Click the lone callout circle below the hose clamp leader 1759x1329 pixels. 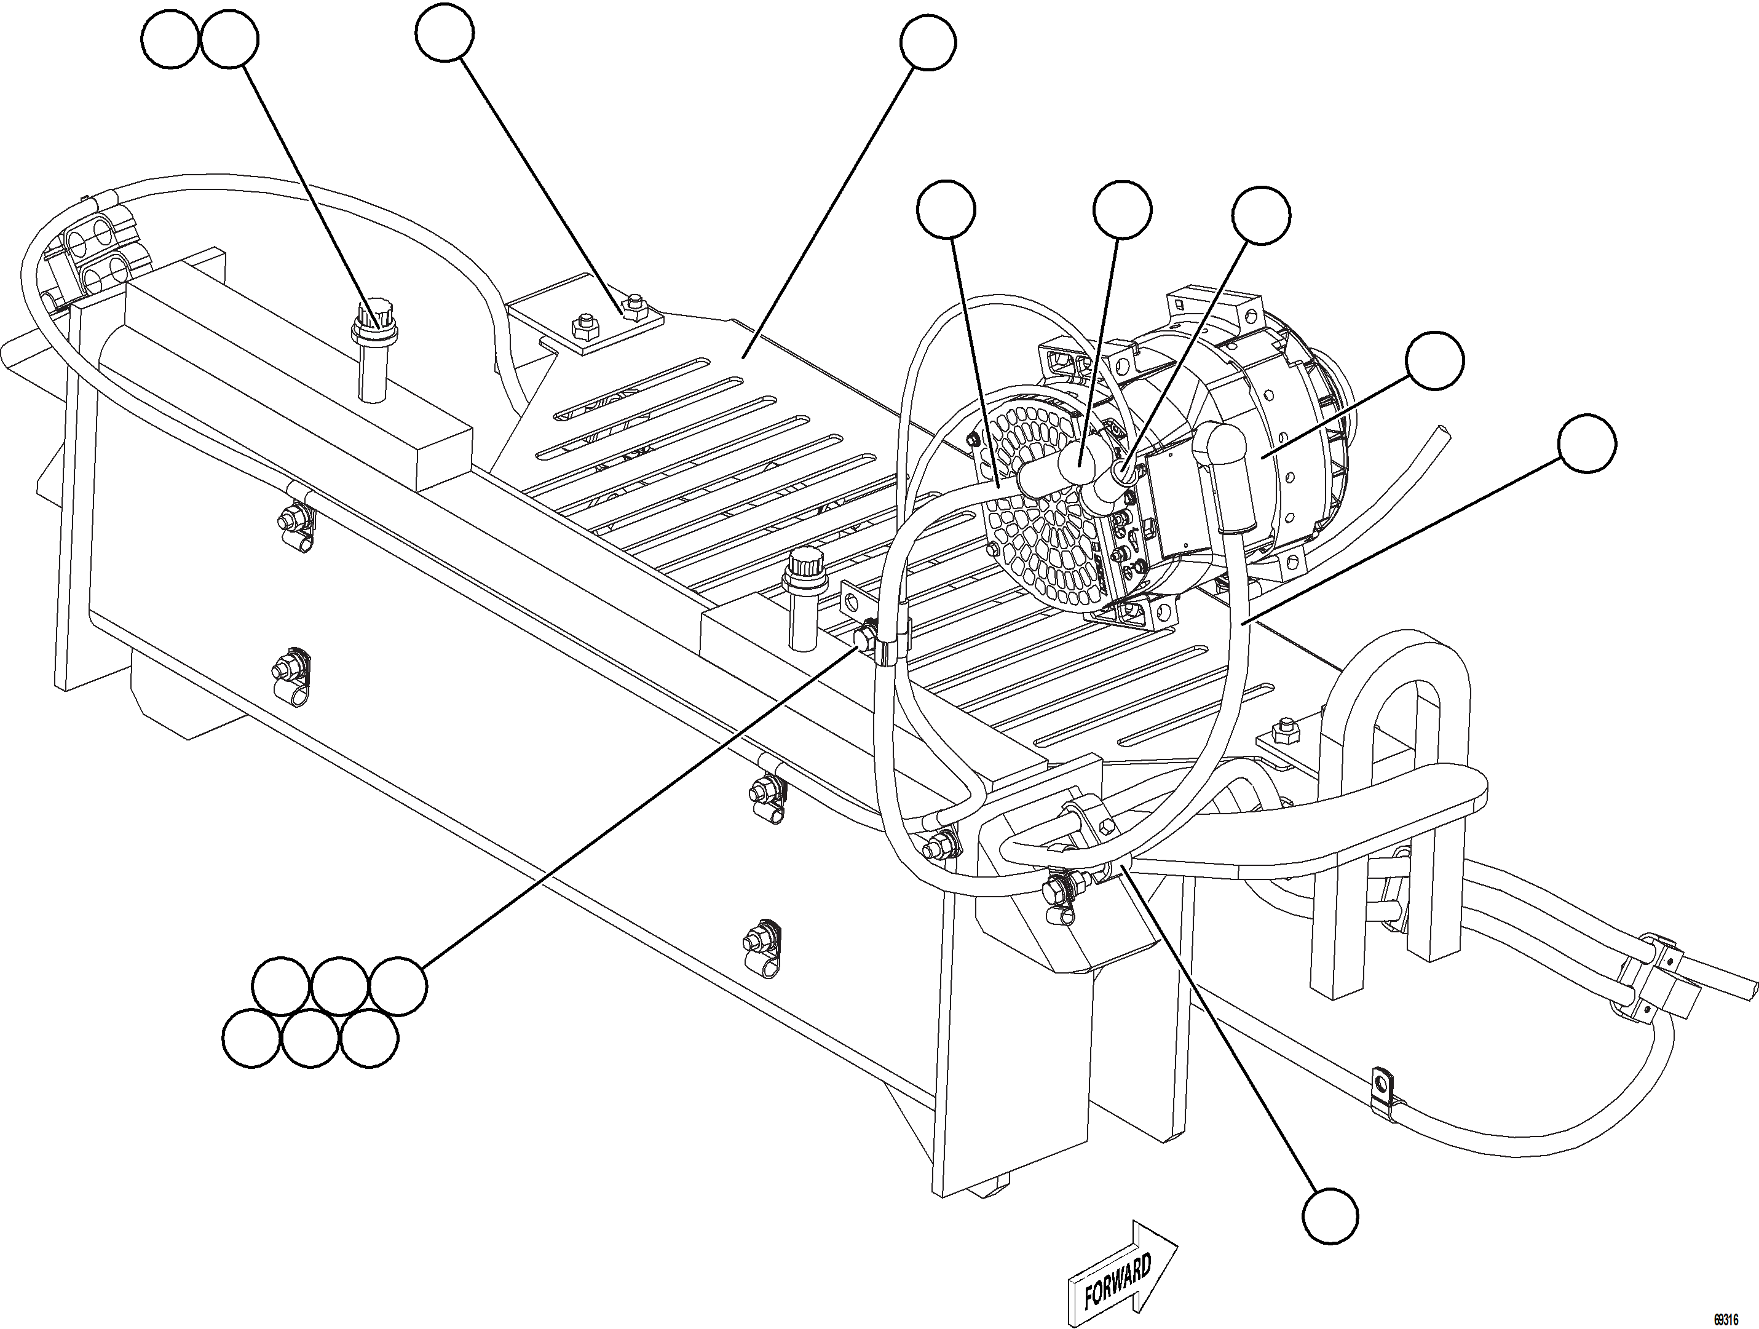[x=1330, y=1215]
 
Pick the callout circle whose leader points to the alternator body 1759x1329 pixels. [x=1434, y=361]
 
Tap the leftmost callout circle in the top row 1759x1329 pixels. [x=170, y=41]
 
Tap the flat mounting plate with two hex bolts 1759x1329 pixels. [x=603, y=326]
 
